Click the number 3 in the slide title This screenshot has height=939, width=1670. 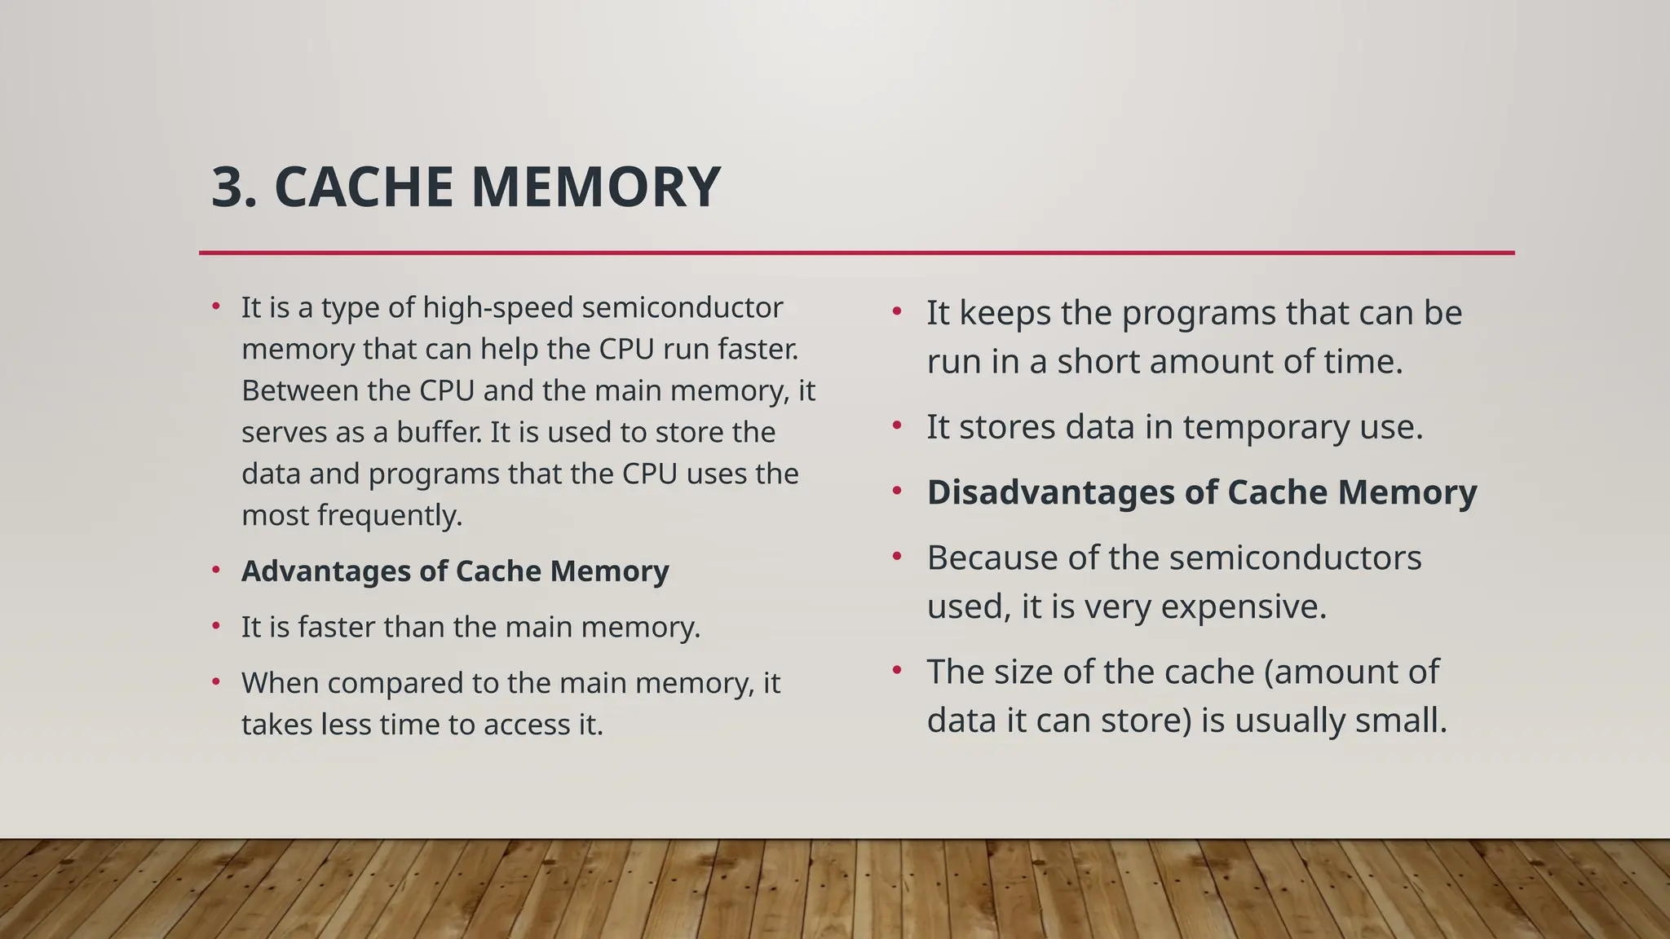tap(228, 187)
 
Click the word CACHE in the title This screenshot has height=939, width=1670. tap(364, 187)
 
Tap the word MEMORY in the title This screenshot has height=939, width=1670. tap(595, 187)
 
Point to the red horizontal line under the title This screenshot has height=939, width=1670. tap(856, 253)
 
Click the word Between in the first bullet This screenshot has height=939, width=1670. tap(297, 390)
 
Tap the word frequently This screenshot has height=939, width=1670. tap(389, 516)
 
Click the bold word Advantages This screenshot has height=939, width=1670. tap(325, 571)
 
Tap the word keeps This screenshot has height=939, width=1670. tap(1005, 313)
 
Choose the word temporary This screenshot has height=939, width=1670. tap(1252, 427)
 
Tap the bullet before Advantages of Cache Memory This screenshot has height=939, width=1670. tap(215, 570)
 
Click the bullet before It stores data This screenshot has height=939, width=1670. tap(897, 425)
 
